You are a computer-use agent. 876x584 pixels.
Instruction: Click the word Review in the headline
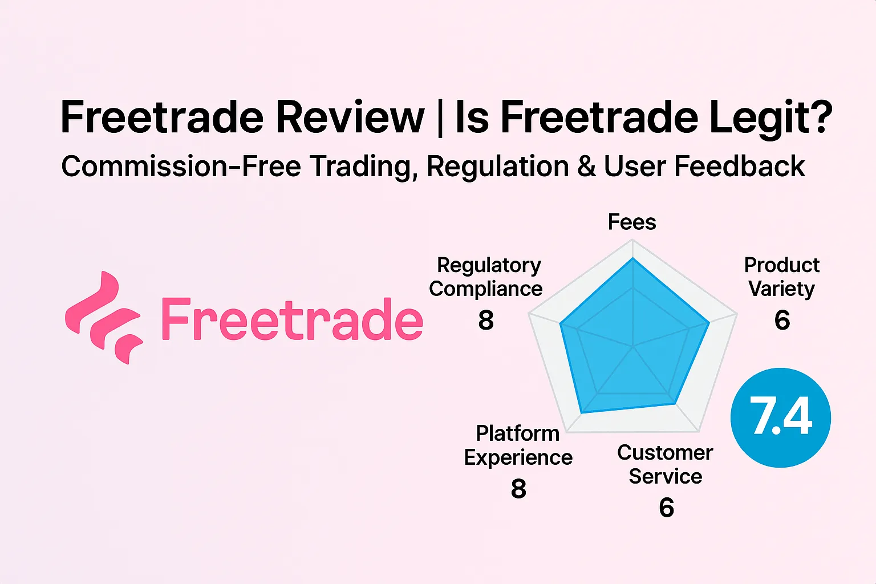point(350,117)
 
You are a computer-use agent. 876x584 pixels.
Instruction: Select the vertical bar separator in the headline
point(439,117)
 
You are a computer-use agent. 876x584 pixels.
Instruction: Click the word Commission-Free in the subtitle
point(181,167)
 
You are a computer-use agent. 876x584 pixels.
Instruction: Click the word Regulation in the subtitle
point(497,167)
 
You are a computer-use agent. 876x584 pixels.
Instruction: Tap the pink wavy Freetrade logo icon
point(103,318)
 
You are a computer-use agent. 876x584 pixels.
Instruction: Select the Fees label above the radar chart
point(632,222)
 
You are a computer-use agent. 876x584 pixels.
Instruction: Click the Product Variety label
point(781,277)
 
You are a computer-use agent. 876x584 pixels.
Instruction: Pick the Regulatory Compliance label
point(486,277)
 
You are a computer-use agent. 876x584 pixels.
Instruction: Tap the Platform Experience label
point(518,445)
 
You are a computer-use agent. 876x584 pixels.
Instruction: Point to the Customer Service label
point(665,464)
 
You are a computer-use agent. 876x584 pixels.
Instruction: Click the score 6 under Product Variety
point(782,320)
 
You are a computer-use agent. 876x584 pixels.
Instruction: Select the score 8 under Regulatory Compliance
point(486,320)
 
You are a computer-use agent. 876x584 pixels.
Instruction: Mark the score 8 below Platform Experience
point(518,489)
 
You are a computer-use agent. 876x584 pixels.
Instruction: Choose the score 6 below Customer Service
point(666,508)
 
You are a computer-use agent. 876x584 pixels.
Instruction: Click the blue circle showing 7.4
point(780,417)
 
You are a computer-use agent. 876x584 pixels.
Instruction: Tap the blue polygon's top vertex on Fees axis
point(632,258)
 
